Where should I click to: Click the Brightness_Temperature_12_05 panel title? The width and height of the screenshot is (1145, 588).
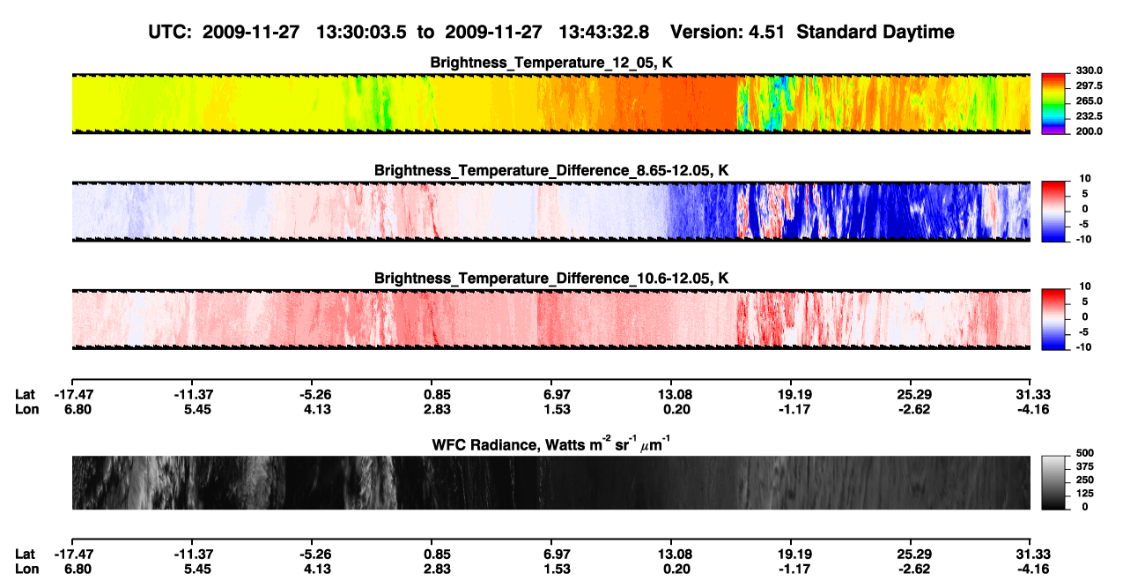coord(551,63)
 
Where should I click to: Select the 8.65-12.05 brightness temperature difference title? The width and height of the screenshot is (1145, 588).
coord(551,170)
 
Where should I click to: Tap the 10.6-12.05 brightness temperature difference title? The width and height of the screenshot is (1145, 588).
coord(551,279)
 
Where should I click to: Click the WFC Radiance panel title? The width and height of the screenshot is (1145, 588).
coord(551,443)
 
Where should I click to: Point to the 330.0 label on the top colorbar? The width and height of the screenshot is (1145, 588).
coord(1089,71)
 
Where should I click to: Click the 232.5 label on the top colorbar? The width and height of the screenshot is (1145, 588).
coord(1089,116)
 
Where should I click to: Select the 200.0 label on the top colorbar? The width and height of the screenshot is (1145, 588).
coord(1089,131)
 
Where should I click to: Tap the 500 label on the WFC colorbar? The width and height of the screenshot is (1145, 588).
coord(1085,453)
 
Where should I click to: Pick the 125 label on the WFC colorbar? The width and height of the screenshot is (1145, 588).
coord(1085,494)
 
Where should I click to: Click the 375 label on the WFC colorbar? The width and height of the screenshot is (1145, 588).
coord(1085,466)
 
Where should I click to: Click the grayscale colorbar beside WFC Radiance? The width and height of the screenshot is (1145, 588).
coord(1053,482)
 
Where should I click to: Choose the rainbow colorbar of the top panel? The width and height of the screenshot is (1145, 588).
coord(1053,104)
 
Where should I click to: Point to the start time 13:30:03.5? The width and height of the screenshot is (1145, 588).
coord(361,32)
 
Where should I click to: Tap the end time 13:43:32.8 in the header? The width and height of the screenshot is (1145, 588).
coord(603,32)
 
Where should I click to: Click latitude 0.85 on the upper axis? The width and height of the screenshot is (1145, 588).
coord(437,395)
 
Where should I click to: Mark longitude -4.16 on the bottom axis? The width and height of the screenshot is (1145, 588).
coord(1032,569)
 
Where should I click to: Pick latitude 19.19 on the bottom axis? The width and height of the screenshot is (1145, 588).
coord(794,554)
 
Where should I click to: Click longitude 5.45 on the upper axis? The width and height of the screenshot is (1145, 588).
coord(197,409)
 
